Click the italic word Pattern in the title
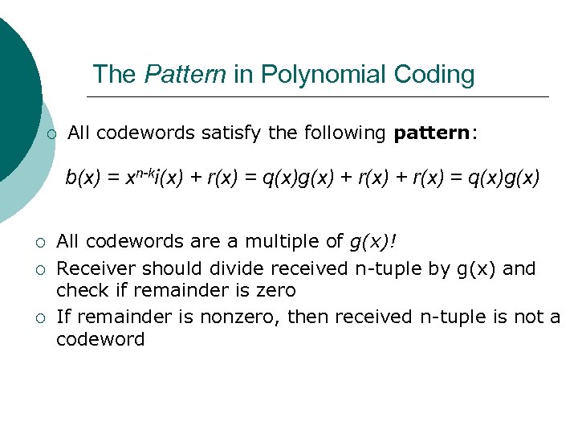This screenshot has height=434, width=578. (x=185, y=75)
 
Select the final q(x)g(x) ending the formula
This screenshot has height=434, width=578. (x=503, y=178)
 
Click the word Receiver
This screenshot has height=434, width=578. (x=91, y=268)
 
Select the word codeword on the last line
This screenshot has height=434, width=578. (x=100, y=339)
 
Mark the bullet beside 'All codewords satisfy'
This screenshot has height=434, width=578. (x=51, y=134)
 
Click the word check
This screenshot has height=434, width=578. (x=78, y=289)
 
